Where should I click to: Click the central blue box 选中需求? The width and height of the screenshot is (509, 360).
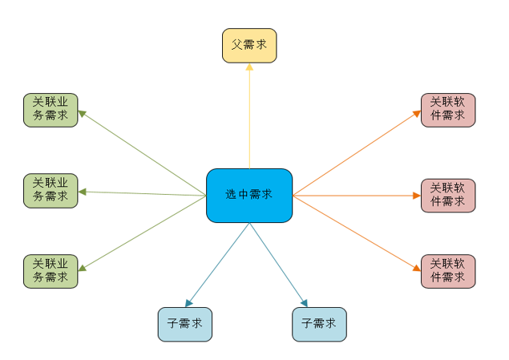(249, 195)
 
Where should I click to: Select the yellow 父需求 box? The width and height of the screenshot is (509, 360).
(249, 46)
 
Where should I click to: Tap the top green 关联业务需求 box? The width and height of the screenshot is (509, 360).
(50, 111)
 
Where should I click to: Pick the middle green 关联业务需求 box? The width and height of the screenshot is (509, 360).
(50, 191)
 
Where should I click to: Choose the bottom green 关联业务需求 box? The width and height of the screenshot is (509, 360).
(50, 271)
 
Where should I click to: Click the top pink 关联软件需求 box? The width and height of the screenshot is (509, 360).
(448, 111)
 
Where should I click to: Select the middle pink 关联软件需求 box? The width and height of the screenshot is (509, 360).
(448, 196)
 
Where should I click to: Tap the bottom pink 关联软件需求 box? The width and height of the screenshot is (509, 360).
(448, 272)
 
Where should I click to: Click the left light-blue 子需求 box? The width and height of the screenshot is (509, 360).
(185, 324)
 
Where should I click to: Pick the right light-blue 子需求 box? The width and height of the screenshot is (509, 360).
(319, 324)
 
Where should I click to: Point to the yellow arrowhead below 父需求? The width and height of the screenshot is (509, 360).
(249, 67)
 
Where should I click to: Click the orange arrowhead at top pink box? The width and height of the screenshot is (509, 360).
(417, 113)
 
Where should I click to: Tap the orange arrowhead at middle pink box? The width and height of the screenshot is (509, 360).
(416, 196)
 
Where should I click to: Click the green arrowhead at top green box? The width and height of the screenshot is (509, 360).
(83, 113)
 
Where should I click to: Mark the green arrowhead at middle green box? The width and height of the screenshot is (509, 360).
(83, 192)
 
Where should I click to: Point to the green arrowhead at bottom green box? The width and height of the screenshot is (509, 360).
(83, 268)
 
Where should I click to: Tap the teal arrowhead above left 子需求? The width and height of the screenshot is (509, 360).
(188, 303)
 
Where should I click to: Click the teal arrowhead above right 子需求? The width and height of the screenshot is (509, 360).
(305, 303)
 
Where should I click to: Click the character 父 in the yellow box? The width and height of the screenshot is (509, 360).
(237, 46)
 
